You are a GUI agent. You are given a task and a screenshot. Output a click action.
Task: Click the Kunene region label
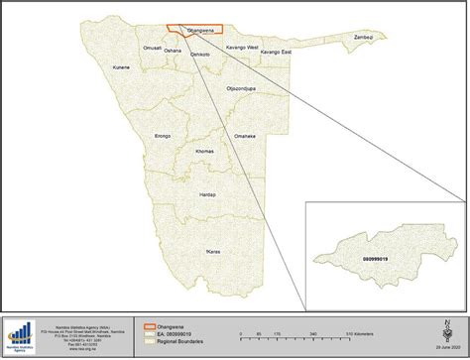tap(122, 67)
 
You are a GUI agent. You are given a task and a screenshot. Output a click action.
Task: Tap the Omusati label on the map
tap(152, 48)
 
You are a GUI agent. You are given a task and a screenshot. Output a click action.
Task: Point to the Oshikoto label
tap(200, 54)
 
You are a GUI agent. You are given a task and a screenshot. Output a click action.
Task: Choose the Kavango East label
tap(277, 52)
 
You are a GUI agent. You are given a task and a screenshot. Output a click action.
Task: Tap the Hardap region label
tap(207, 194)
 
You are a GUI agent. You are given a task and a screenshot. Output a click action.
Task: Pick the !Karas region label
tap(212, 253)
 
